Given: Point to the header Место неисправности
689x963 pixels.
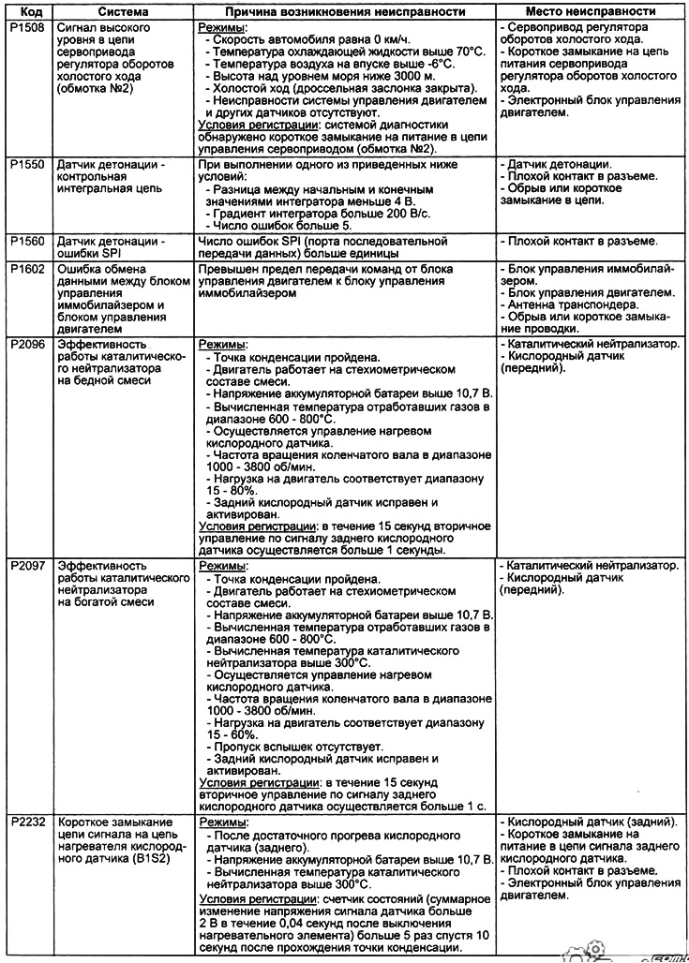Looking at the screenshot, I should tap(590, 11).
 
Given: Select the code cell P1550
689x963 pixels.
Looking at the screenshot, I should tap(25, 165).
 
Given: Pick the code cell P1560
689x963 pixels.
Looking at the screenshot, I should tap(25, 241).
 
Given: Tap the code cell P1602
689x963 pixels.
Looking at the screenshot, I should tap(25, 268).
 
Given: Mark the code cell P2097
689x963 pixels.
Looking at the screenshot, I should tap(25, 567).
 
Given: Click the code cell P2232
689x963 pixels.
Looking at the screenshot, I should tap(25, 822).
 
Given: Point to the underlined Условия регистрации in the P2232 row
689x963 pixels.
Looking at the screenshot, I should tap(258, 897).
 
